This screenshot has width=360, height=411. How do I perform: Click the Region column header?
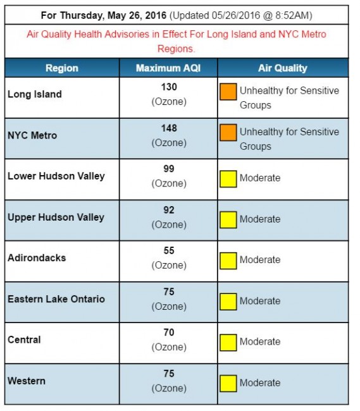[61, 68]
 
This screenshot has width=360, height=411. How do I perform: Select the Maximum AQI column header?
[168, 68]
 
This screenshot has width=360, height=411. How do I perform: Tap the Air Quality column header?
[282, 68]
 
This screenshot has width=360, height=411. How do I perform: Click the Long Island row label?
[35, 94]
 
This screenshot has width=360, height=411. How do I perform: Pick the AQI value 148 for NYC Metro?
[169, 128]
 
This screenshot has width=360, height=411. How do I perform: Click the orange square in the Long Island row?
[228, 92]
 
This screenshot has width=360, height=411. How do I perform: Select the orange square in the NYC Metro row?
[228, 133]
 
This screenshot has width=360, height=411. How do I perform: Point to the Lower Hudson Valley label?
[56, 176]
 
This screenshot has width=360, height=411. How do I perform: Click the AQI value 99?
[169, 169]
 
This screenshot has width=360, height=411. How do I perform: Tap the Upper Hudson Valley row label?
[56, 217]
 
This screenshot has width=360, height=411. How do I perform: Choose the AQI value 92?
[169, 210]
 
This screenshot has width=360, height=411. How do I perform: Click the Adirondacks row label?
[37, 258]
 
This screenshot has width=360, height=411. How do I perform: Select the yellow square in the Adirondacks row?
[228, 260]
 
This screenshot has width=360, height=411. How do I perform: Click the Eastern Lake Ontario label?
[56, 298]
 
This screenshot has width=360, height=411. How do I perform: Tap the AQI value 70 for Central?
[169, 333]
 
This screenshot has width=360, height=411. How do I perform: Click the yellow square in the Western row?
[228, 383]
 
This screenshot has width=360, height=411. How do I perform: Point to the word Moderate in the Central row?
[259, 341]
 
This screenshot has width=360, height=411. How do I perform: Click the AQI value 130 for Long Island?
[169, 87]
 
